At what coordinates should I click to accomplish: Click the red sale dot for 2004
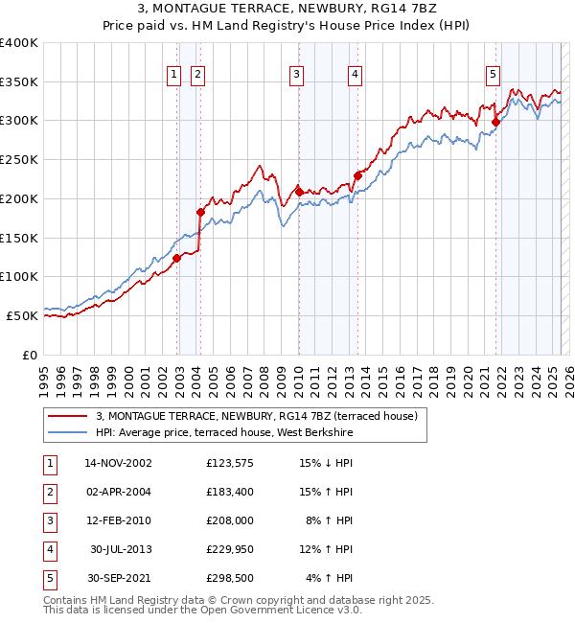[x=200, y=212]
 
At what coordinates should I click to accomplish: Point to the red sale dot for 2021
[x=496, y=122]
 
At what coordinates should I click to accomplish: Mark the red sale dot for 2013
[x=357, y=175]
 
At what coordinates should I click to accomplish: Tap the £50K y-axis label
[x=23, y=315]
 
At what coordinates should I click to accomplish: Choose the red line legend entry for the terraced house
[x=256, y=416]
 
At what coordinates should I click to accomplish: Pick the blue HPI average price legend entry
[x=224, y=433]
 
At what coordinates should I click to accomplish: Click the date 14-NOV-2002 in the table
[x=118, y=463]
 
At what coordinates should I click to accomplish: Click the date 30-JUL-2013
[x=122, y=549]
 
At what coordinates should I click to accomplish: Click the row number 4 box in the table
[x=49, y=549]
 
